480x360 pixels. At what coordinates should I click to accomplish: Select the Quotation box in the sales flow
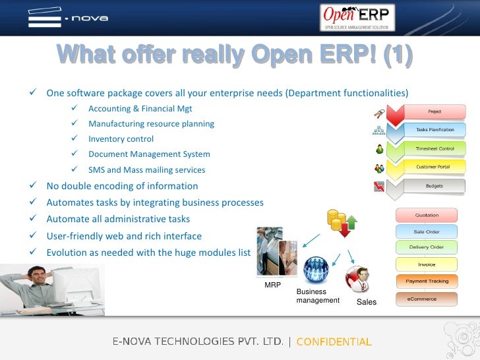tap(426, 215)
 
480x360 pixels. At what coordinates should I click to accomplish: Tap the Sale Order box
tap(426, 231)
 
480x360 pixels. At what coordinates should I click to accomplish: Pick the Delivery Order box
tap(426, 248)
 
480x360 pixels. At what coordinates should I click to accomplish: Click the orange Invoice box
tap(426, 264)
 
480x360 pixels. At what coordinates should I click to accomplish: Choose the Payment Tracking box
tap(426, 282)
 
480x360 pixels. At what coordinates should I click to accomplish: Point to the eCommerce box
tap(426, 299)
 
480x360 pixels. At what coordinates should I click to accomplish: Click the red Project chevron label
tap(434, 111)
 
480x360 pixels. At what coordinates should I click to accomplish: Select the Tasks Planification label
tap(434, 130)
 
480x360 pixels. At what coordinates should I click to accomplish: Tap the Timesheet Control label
tap(434, 148)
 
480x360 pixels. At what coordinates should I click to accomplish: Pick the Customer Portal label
tap(434, 167)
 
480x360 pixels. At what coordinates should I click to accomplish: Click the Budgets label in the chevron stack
tap(434, 186)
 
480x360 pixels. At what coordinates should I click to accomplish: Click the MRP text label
tap(272, 285)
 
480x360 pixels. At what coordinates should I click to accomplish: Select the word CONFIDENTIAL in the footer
tap(334, 342)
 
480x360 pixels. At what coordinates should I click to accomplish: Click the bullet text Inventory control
tap(121, 139)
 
